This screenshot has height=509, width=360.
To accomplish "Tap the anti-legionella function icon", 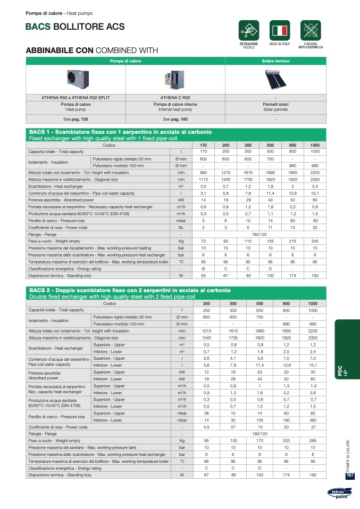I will click(x=310, y=30).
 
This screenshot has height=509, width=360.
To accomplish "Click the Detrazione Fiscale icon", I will click(x=249, y=30).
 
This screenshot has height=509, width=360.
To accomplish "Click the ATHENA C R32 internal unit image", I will click(x=175, y=79).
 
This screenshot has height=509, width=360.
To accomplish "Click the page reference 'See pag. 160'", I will click(x=175, y=120).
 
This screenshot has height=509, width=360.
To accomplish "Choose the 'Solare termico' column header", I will click(x=275, y=61).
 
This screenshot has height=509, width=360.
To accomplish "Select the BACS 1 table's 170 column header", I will click(x=203, y=145).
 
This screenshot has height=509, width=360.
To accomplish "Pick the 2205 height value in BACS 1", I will click(x=315, y=173).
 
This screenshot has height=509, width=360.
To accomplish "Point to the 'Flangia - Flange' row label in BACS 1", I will click(x=43, y=235).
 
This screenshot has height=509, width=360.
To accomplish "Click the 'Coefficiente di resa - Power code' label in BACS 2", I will click(x=58, y=427).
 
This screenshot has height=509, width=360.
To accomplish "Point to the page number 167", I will click(x=349, y=475).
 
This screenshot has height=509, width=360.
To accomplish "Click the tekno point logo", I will click(x=339, y=495).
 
